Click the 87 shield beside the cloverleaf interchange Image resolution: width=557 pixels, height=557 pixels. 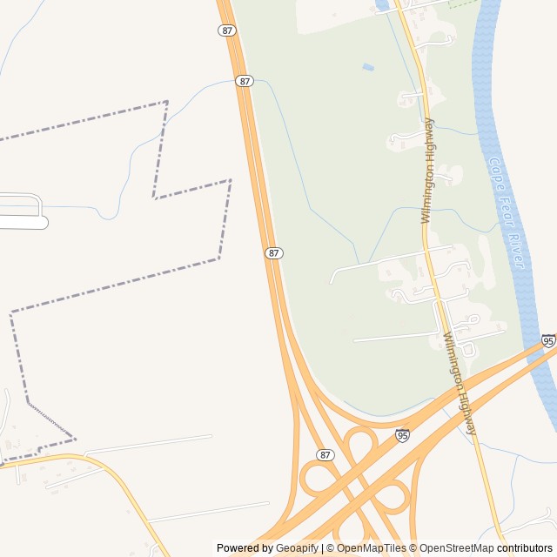(x=325, y=455)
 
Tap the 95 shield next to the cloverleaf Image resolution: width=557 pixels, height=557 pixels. (x=401, y=435)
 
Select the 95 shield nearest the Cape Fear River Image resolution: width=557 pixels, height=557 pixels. (x=547, y=341)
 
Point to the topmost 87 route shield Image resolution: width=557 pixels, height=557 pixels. (x=227, y=30)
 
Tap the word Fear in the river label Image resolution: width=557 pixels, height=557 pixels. (x=506, y=208)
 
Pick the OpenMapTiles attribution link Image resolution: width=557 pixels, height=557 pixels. (x=371, y=548)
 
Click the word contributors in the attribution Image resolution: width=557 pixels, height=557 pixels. (x=525, y=548)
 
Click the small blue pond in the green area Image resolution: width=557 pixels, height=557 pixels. (x=368, y=67)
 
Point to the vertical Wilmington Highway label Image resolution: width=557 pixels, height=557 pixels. (x=427, y=171)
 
